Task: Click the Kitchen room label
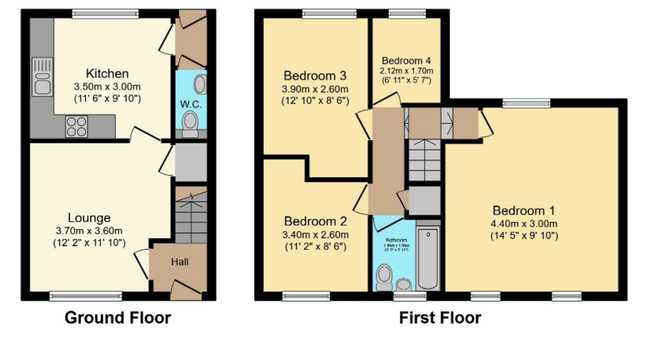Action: pyautogui.click(x=107, y=74)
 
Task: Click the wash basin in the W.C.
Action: pyautogui.click(x=199, y=85)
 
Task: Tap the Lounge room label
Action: pyautogui.click(x=88, y=218)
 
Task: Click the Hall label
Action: pyautogui.click(x=180, y=262)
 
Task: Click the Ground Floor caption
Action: pyautogui.click(x=118, y=318)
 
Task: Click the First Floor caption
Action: pyautogui.click(x=440, y=318)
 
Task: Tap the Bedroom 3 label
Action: pyautogui.click(x=315, y=75)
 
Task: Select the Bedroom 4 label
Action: pyautogui.click(x=406, y=60)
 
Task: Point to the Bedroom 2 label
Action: pyautogui.click(x=315, y=221)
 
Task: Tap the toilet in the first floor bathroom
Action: pyautogui.click(x=384, y=276)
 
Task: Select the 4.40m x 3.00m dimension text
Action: pyautogui.click(x=524, y=223)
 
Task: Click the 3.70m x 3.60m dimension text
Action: pyautogui.click(x=88, y=231)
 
